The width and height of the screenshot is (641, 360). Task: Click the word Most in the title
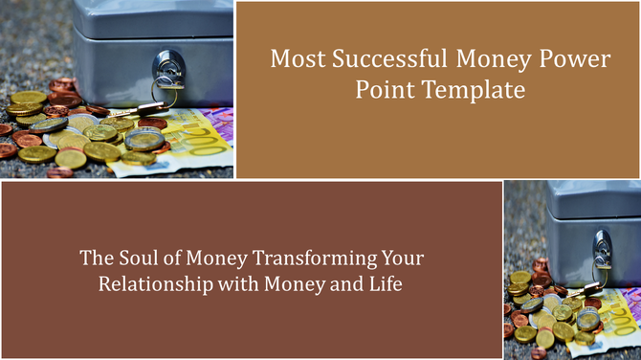point(291,59)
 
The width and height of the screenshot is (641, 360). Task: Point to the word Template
point(475,92)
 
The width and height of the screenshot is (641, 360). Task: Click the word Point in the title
point(380,92)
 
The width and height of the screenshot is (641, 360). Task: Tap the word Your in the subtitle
point(402,259)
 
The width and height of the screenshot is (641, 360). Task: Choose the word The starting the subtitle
point(95,259)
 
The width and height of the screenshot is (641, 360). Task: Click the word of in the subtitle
point(170,259)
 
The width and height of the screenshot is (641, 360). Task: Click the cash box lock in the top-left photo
point(165,73)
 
